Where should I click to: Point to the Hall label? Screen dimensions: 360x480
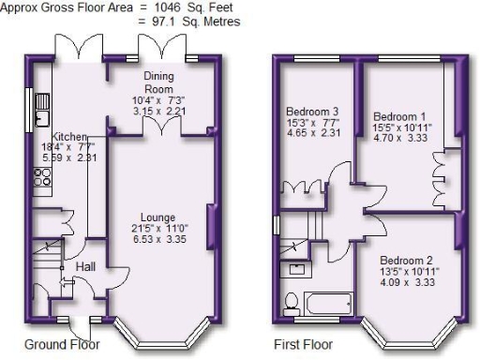pos(85,267)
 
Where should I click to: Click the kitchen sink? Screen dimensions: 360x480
pos(41,118)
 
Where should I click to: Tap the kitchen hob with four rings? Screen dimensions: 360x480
pos(43,174)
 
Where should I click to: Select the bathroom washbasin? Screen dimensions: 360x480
pos(295,269)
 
